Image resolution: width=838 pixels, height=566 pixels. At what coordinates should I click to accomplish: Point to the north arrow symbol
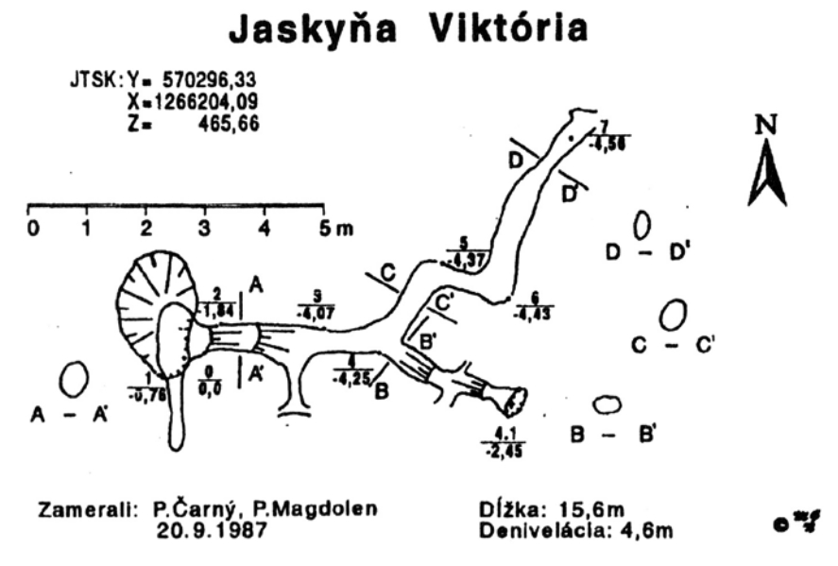coord(767,175)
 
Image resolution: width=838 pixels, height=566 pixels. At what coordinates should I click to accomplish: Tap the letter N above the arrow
coord(767,126)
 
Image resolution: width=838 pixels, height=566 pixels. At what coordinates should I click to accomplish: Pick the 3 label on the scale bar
coord(205,229)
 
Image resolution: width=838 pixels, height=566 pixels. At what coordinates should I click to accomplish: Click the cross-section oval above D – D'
coord(642,225)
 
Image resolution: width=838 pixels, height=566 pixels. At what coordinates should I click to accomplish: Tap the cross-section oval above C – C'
coord(673,315)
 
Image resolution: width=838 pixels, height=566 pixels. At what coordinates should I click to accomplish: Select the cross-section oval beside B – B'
coord(607,404)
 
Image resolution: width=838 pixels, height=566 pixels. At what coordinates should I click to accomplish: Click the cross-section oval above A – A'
coord(73,379)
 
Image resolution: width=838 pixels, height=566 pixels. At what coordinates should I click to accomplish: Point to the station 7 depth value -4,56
coord(607,145)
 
